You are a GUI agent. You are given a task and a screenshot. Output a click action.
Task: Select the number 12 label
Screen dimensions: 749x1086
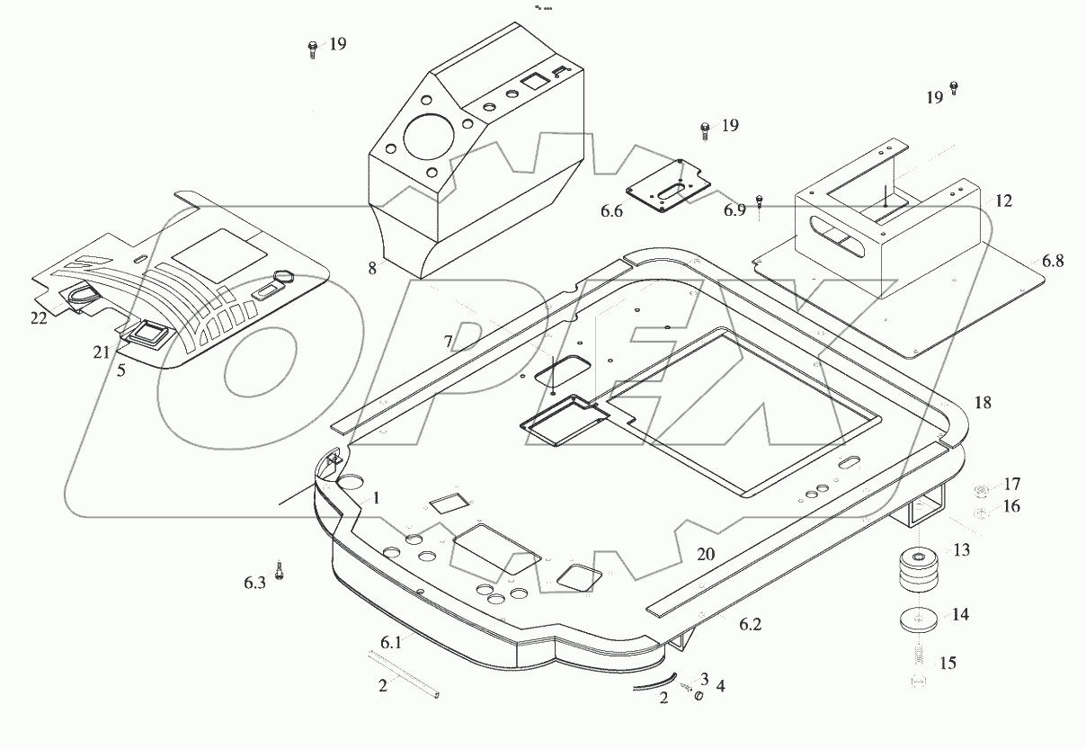1004,201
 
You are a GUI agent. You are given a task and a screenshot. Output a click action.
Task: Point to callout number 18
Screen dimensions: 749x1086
983,403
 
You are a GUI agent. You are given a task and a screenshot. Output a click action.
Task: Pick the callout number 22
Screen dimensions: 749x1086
38,318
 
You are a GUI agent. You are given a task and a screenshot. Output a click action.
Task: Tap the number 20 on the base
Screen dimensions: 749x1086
705,555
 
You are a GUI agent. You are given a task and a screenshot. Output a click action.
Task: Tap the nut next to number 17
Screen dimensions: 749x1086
983,490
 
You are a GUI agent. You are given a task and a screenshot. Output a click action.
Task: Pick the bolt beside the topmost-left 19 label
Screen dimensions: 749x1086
312,49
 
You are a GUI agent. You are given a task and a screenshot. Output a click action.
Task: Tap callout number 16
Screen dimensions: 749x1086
1011,506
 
